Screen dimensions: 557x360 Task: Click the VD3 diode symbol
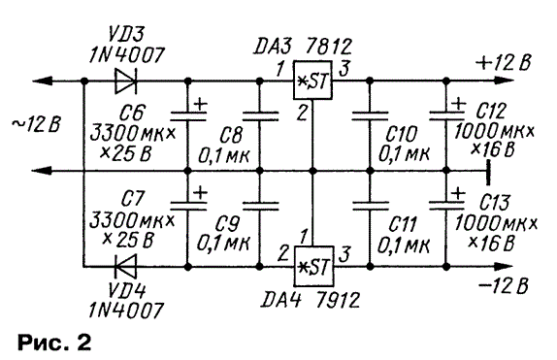coord(126,82)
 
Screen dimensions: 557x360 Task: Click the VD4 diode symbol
coord(126,266)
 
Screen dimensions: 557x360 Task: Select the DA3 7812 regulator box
coord(312,81)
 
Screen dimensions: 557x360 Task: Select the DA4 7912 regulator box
coord(313,266)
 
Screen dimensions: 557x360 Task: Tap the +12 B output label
coord(503,63)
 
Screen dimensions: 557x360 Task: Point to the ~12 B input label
coord(36,125)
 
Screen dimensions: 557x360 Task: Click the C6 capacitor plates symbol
coord(188,116)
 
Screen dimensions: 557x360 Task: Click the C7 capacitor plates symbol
coord(188,206)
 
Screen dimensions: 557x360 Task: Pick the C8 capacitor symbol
coord(260,116)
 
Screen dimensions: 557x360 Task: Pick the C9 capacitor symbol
coord(260,206)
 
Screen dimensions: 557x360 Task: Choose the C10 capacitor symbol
coord(370,116)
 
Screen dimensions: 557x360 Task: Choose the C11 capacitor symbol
coord(370,206)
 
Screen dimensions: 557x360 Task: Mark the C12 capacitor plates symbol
coord(446,116)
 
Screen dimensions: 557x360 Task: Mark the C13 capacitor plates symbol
coord(446,206)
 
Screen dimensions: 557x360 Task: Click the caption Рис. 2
coord(54,343)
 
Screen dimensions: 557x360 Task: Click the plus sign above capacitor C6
coord(200,105)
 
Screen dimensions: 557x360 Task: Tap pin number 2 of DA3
coord(302,113)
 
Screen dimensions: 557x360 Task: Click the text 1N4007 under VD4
coord(126,310)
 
